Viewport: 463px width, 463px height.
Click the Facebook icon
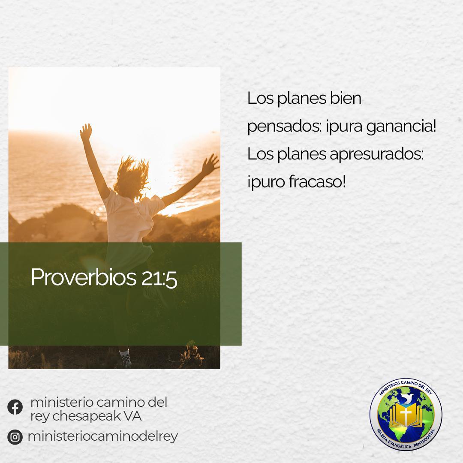point(15,407)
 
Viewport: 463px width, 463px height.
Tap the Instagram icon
point(15,437)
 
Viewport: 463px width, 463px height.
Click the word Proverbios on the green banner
point(84,277)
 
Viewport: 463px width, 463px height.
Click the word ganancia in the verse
point(401,127)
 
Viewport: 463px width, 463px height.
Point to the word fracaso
point(317,181)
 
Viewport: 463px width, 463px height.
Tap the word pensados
point(284,127)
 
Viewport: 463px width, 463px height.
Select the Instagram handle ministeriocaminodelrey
point(103,437)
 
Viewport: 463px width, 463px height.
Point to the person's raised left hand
point(86,132)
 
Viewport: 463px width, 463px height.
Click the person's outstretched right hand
point(210,165)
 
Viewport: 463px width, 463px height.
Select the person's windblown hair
point(132,177)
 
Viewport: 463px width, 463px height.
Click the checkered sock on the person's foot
point(126,357)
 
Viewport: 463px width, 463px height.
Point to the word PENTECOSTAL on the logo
point(424,439)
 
